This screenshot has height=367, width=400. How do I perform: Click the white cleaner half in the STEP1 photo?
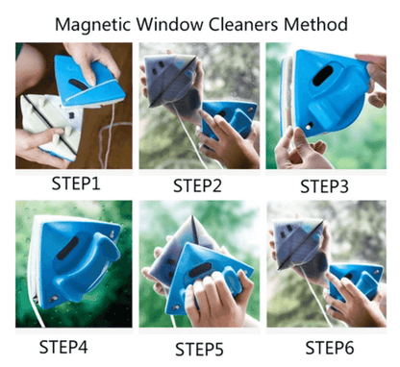pos(38,120)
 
